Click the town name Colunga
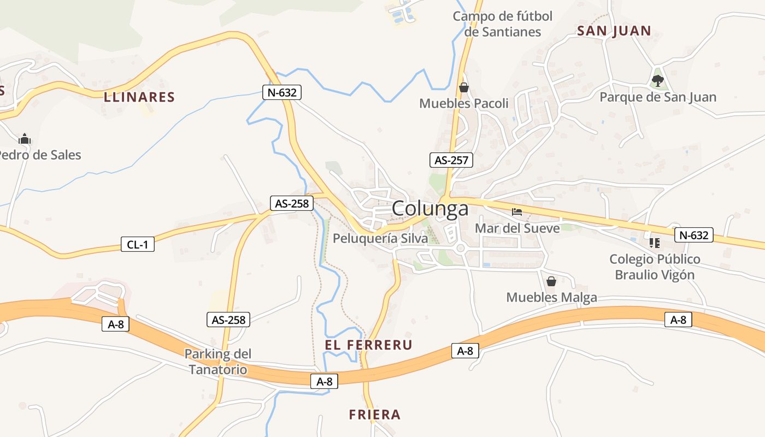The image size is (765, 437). tap(430, 209)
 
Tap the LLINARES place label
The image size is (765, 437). tap(139, 98)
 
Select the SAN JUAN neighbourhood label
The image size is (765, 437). tap(614, 31)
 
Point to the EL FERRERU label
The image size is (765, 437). tap(368, 345)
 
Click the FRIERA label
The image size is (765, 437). tap(375, 415)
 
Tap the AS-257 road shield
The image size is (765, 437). tap(451, 160)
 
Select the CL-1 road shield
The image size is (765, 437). tap(138, 244)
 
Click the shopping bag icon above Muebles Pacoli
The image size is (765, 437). tap(464, 87)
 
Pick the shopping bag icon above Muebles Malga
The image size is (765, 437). tap(551, 281)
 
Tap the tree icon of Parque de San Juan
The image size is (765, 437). tap(657, 81)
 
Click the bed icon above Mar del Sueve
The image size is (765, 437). tap(517, 211)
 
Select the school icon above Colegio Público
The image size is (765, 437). tap(654, 243)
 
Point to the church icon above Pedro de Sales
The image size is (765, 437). tap(25, 139)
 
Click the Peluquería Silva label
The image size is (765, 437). tap(380, 238)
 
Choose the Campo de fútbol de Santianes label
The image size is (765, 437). tap(503, 24)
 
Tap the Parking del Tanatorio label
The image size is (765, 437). tap(218, 362)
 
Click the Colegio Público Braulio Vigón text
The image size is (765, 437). tap(655, 267)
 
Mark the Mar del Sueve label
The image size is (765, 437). tap(517, 228)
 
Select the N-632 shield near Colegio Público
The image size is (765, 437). tap(695, 235)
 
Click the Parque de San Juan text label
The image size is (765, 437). tap(658, 97)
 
